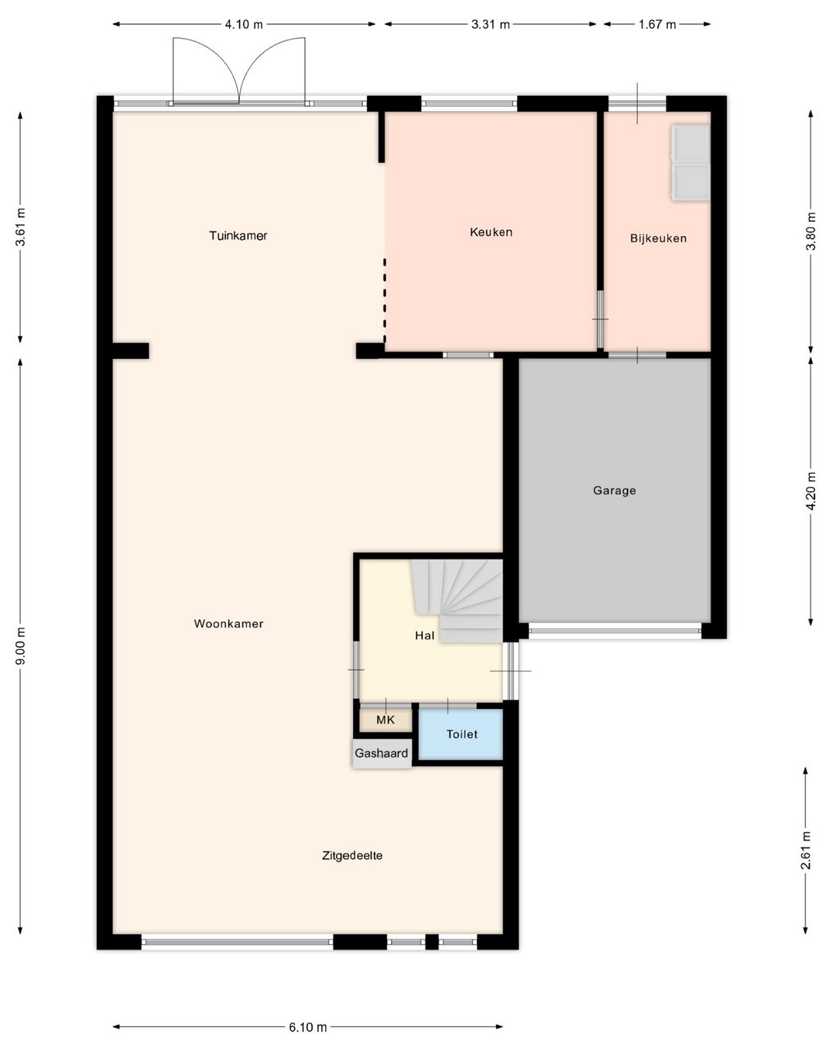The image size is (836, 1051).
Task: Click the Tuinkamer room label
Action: pyautogui.click(x=238, y=236)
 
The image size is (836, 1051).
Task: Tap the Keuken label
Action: pyautogui.click(x=491, y=232)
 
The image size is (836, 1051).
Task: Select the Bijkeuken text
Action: pyautogui.click(x=658, y=238)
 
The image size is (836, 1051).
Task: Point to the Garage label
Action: pyautogui.click(x=614, y=491)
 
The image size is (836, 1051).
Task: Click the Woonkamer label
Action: pyautogui.click(x=228, y=624)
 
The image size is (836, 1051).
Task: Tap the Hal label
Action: pyautogui.click(x=424, y=635)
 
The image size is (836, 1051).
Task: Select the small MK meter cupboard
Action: pyautogui.click(x=385, y=720)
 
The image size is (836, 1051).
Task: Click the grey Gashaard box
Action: pyautogui.click(x=381, y=754)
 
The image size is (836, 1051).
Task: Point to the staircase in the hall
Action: pyautogui.click(x=457, y=601)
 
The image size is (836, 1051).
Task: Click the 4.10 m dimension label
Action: pyautogui.click(x=244, y=25)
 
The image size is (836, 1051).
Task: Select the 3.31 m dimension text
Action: pyautogui.click(x=491, y=25)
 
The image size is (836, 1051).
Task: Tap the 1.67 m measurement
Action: pyautogui.click(x=657, y=25)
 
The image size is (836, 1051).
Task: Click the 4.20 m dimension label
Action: pyautogui.click(x=811, y=491)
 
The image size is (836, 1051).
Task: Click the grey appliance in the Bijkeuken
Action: pyautogui.click(x=690, y=163)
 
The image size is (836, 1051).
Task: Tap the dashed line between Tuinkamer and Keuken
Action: pyautogui.click(x=385, y=301)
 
